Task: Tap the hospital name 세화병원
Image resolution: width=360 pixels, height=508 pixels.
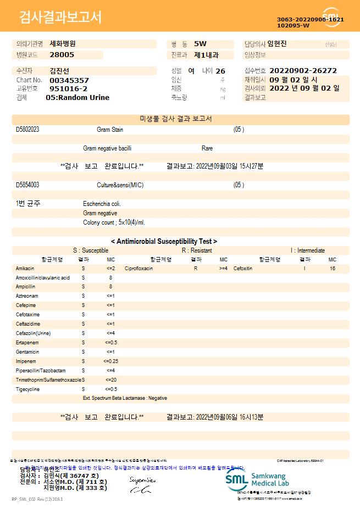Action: [x=63, y=43]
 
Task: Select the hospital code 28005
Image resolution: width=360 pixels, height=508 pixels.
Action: [x=62, y=54]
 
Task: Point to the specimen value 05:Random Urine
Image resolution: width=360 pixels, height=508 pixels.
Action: [x=77, y=97]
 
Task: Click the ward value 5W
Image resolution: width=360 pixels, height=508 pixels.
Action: [x=200, y=43]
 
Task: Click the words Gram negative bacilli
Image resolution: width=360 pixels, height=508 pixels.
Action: [x=107, y=148]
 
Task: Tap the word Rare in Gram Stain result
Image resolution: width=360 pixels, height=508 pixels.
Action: [x=207, y=148]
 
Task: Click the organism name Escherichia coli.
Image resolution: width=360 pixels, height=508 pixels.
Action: [x=102, y=204]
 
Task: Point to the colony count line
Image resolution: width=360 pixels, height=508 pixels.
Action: [x=114, y=222]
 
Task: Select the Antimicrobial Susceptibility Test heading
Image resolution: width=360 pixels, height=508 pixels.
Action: [x=164, y=241]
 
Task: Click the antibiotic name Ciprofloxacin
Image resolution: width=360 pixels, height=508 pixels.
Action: [x=139, y=269]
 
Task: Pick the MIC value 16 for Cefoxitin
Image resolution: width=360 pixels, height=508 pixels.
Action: [x=333, y=269]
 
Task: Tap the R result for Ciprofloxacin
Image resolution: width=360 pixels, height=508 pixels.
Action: [x=195, y=269]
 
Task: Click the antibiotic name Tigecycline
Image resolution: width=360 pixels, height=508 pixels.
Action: [x=28, y=389]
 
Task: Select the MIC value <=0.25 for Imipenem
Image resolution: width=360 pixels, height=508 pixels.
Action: [x=110, y=361]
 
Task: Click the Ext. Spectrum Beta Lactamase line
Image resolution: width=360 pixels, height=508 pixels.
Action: [x=125, y=398]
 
